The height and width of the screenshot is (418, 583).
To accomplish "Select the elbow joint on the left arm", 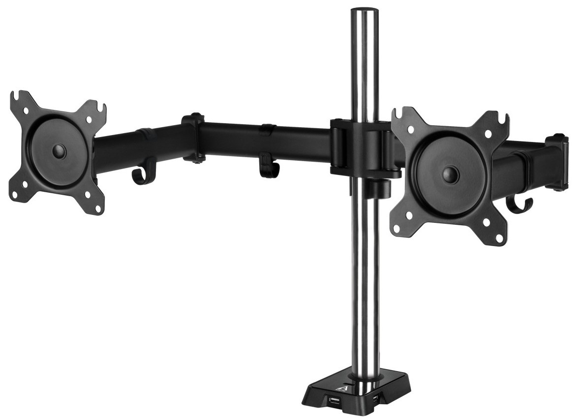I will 193,138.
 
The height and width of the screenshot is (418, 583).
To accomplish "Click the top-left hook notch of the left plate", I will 18,96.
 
